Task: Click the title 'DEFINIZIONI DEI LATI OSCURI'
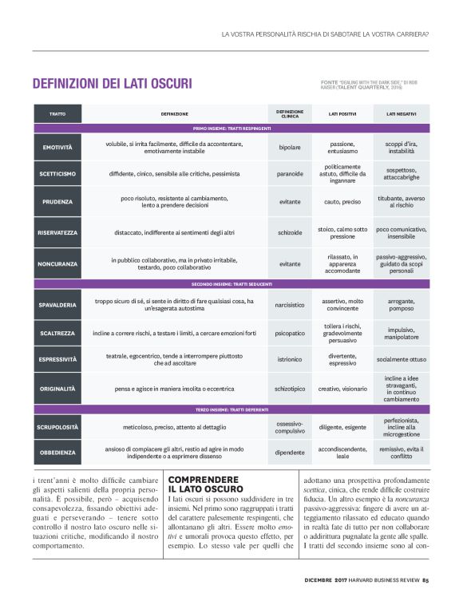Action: pyautogui.click(x=112, y=83)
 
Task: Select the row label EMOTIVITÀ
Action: pyautogui.click(x=57, y=148)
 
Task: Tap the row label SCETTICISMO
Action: pyautogui.click(x=57, y=173)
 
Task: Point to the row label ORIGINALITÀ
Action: pyautogui.click(x=57, y=389)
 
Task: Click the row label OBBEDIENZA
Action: pyautogui.click(x=57, y=452)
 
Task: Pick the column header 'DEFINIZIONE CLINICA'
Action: pyautogui.click(x=290, y=114)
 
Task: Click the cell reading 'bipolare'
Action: pyautogui.click(x=290, y=148)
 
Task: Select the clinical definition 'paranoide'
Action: pyautogui.click(x=290, y=173)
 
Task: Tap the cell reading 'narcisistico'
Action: pyautogui.click(x=290, y=305)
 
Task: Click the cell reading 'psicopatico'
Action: pyautogui.click(x=290, y=332)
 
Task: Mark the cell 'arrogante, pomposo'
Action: pyautogui.click(x=402, y=305)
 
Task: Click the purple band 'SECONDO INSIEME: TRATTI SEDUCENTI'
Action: pyautogui.click(x=231, y=284)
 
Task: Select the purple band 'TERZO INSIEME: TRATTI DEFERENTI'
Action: pyautogui.click(x=231, y=409)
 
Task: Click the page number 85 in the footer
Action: pyautogui.click(x=425, y=579)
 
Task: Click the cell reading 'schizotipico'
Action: pyautogui.click(x=290, y=389)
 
